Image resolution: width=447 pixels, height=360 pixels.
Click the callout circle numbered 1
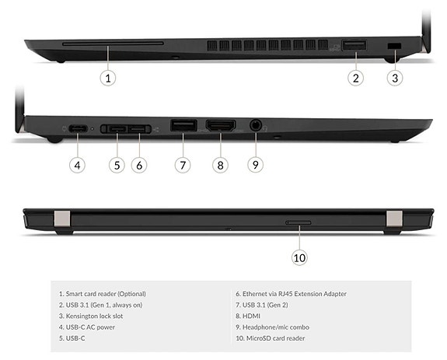point(109,77)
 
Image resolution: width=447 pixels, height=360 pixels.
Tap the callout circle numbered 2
point(356,77)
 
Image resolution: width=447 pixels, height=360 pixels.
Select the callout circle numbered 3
point(395,77)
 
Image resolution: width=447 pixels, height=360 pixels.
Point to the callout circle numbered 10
point(299,257)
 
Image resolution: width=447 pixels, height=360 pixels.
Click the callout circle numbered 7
point(183,164)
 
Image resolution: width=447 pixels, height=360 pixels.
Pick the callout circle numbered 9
point(256,164)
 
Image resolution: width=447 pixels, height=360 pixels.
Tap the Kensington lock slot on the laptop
point(393,47)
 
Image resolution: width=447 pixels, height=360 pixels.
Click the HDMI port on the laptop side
point(220,124)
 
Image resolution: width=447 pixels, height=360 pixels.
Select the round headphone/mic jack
point(256,124)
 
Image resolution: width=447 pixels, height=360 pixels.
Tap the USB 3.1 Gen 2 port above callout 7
point(183,124)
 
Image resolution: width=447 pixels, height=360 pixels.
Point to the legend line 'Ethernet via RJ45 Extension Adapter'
point(291,294)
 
